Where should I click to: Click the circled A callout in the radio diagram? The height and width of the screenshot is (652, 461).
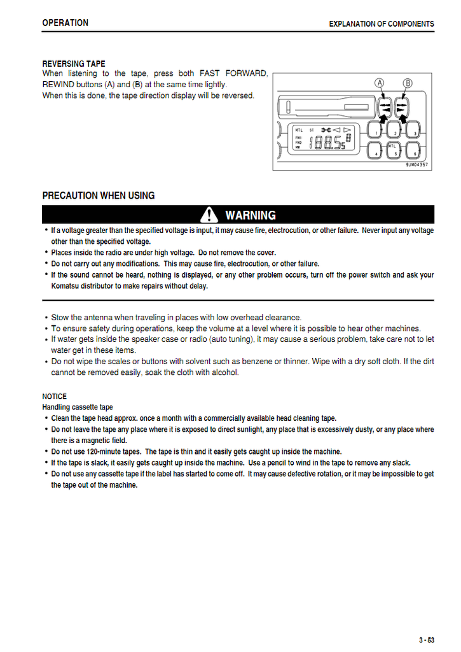pos(380,83)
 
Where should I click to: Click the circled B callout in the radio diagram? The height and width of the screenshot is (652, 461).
pos(407,83)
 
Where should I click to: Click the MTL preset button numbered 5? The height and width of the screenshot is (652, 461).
pos(395,150)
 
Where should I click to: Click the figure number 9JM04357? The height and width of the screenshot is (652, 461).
pos(416,165)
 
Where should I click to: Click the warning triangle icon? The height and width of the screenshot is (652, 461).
pos(209,215)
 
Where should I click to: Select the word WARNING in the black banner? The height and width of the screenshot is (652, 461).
pos(251,215)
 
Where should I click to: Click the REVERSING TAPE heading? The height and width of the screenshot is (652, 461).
pos(74,64)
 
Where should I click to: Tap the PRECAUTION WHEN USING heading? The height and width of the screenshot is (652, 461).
pos(99,195)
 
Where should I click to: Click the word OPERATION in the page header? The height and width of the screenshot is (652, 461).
pos(65,23)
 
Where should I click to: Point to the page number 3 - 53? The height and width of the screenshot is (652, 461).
pos(426,640)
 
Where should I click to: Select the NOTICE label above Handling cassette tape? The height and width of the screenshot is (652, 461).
pos(55,396)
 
